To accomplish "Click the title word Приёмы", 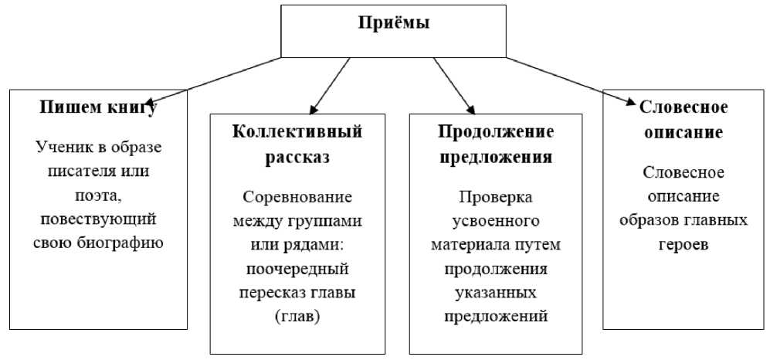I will [x=393, y=23].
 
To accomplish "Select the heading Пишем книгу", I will [x=98, y=107].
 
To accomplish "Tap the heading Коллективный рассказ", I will [x=297, y=144].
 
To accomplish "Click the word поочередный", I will [x=297, y=270].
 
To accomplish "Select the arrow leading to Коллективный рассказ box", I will [x=328, y=85].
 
